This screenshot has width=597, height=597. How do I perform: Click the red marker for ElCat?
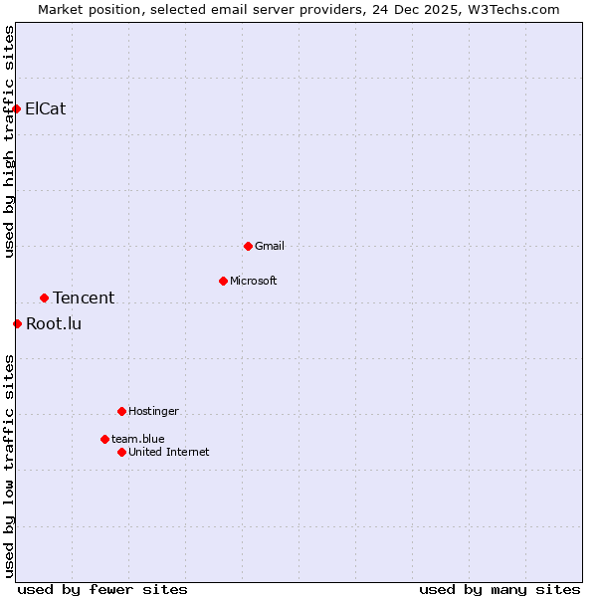pos(17,108)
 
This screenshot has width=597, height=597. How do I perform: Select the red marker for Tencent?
pos(44,298)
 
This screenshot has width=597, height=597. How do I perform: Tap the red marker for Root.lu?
pos(17,323)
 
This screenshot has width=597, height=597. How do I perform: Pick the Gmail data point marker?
pos(248,246)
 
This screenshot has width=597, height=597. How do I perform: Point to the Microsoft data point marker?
pos(223,281)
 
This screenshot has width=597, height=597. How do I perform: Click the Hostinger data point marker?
pos(121,411)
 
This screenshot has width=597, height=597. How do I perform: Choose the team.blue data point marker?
pos(104,439)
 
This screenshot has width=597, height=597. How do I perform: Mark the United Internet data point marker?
pos(121,452)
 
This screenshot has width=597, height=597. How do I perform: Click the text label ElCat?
pos(46,108)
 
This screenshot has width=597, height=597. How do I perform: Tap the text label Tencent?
pos(84,298)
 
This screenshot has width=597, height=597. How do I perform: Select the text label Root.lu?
pos(54,323)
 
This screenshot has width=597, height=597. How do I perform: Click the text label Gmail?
pos(270,246)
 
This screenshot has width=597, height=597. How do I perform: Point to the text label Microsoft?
pos(254,281)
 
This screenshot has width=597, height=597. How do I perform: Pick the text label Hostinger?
pos(153,411)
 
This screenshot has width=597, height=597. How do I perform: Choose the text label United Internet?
pos(169,452)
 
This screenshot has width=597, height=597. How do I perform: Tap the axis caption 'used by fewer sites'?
pos(102,589)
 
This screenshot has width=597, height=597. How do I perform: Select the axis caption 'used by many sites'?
pos(499,589)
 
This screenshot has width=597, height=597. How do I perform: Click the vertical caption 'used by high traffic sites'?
pos(10,141)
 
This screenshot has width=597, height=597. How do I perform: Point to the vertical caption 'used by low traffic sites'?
pos(10,466)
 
